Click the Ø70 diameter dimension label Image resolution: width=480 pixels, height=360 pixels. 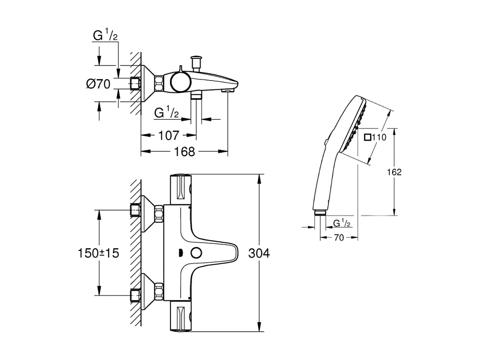click(98, 84)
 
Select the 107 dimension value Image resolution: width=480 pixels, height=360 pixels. click(168, 135)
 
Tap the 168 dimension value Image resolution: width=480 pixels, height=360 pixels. click(184, 152)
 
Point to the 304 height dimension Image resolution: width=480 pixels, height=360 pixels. click(259, 253)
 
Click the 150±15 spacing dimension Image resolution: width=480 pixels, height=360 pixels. click(98, 253)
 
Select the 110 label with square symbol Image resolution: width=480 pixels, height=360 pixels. click(375, 137)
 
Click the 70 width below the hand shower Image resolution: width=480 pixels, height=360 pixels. click(339, 237)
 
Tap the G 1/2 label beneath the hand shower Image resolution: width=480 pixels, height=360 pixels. click(341, 223)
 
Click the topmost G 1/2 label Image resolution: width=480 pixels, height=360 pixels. click(105, 36)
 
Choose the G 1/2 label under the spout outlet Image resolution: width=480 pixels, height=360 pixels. click(167, 113)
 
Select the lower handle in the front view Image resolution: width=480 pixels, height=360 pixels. click(181, 318)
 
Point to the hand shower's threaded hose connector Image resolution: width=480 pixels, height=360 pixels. click(318, 213)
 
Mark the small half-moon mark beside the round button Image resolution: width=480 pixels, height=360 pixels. click(180, 253)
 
